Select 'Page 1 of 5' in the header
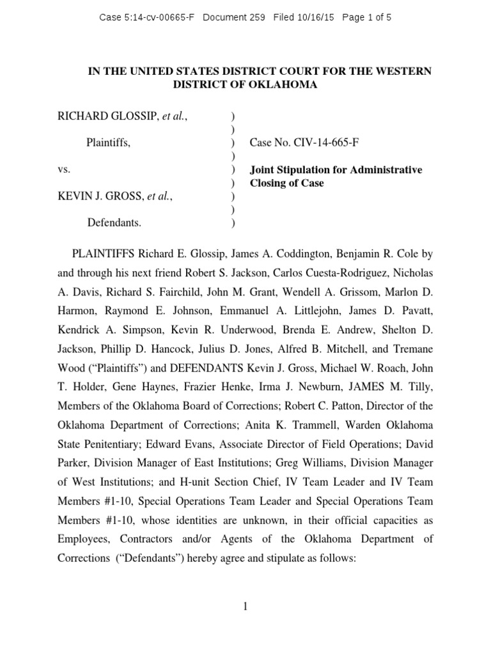tap(367, 18)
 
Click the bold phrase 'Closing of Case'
tap(286, 183)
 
